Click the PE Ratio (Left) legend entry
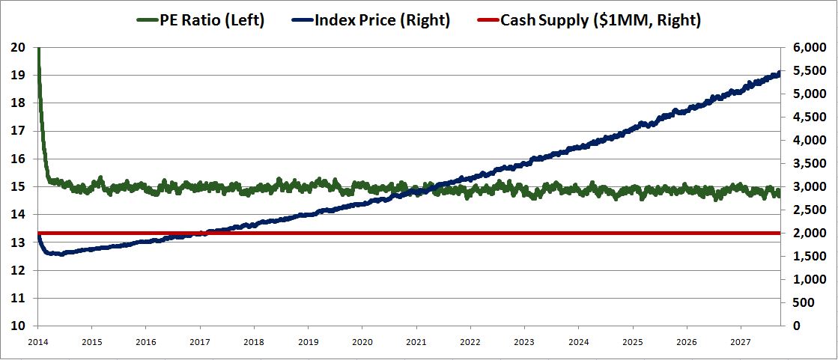[x=212, y=21]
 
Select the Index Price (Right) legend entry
[x=382, y=21]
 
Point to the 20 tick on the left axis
[x=19, y=48]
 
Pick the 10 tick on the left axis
[x=19, y=326]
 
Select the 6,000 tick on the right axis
[x=805, y=48]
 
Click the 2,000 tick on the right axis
[x=805, y=234]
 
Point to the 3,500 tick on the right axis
[x=805, y=164]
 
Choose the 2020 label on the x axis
[x=362, y=340]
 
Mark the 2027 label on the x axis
[x=741, y=340]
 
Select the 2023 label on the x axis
[x=524, y=340]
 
